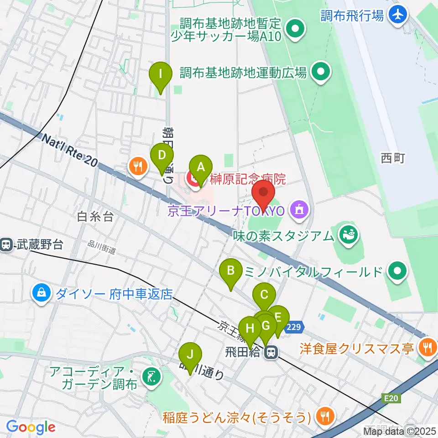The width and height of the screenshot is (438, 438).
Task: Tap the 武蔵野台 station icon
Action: pos(6,245)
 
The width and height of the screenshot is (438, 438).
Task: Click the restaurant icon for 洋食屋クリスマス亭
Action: pos(428,348)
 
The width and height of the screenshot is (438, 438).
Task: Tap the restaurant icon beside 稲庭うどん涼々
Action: pos(325,416)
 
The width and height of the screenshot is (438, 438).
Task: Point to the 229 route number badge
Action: pos(294,327)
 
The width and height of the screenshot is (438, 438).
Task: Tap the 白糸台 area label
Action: pos(95,217)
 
